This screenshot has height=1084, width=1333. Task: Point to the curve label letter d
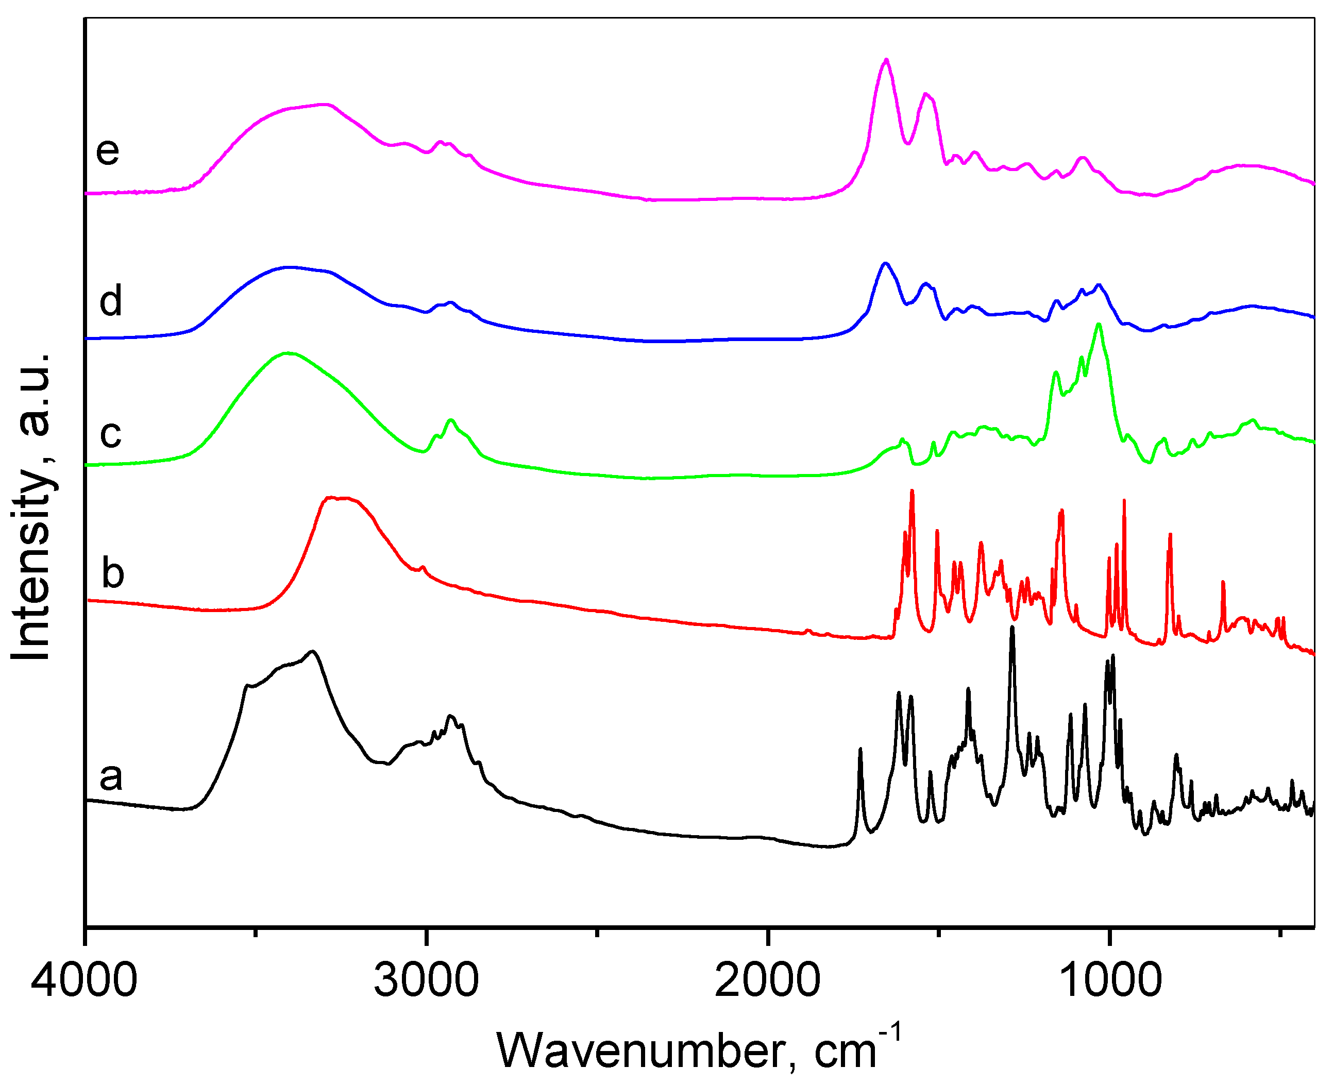click(x=110, y=301)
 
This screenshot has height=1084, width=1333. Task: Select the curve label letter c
click(x=110, y=433)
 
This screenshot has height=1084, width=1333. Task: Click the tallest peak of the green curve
click(x=1099, y=324)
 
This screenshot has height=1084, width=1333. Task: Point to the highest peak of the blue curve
click(x=885, y=263)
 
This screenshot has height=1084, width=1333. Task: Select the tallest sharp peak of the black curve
click(x=1012, y=628)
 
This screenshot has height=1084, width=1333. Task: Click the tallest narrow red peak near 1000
click(x=1124, y=500)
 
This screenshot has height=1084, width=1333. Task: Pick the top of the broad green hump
click(x=287, y=353)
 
